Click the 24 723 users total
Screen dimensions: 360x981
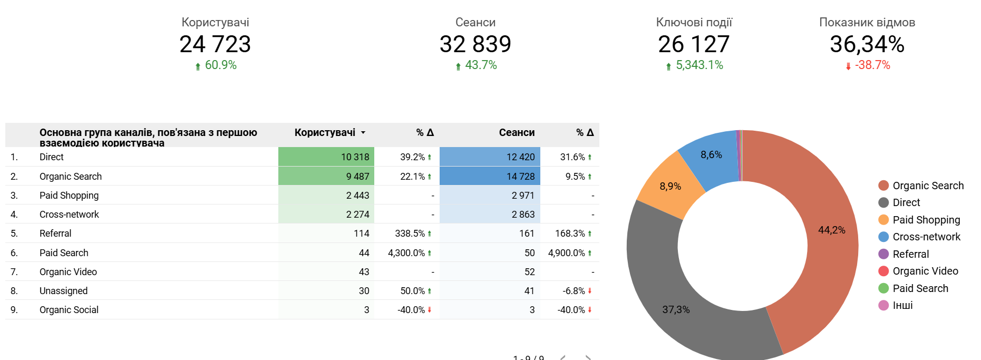coord(215,44)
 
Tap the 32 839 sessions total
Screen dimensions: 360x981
coord(475,44)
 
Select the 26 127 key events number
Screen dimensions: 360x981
coord(694,44)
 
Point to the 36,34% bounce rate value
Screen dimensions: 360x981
coord(867,44)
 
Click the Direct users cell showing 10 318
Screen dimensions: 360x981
coord(355,157)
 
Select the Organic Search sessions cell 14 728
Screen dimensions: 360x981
coord(520,177)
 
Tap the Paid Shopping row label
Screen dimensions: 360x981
coord(69,196)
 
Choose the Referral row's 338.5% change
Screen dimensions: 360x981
coord(410,233)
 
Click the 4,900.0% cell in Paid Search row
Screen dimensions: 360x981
coord(566,253)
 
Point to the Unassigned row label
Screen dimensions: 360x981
coord(63,291)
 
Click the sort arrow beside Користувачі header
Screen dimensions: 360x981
coord(363,133)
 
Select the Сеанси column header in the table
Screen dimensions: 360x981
coord(517,133)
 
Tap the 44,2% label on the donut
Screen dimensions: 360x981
coord(831,230)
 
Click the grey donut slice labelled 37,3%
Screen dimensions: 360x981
coord(675,310)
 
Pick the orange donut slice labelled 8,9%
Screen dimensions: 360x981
coord(670,187)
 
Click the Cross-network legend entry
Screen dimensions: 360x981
coord(926,237)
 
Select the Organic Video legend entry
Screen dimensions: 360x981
coord(925,271)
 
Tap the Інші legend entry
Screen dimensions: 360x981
coord(902,305)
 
